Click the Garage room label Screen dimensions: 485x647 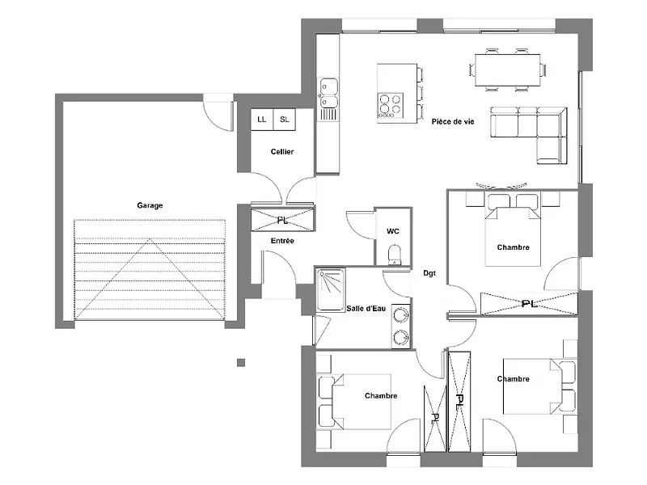150,205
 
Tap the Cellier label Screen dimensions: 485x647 282,152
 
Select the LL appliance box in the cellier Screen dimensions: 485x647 261,120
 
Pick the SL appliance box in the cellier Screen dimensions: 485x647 285,120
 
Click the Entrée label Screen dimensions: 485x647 282,241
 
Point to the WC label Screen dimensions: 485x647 393,231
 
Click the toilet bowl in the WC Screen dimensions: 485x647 394,255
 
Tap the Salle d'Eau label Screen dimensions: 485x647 366,309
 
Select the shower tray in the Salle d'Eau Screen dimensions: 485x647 330,289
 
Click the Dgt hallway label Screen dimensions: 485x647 429,273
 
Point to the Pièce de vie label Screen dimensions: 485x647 453,121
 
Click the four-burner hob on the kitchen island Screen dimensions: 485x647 390,105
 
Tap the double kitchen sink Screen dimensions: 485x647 328,92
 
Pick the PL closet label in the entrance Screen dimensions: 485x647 282,220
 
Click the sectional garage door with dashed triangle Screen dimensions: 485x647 150,268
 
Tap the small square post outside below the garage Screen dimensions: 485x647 240,362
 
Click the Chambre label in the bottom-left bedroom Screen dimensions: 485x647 381,396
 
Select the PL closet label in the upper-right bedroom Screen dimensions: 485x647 529,303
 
